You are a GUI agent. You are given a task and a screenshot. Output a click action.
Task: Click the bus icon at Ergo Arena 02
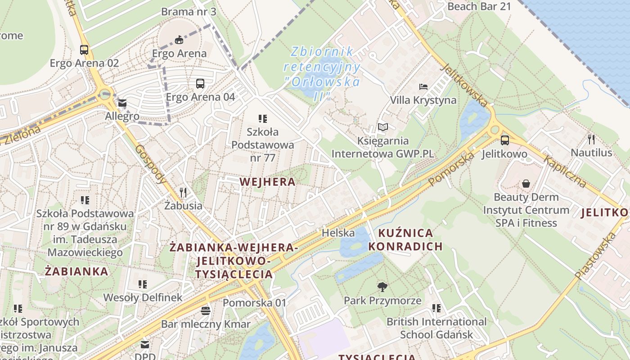(x=84, y=50)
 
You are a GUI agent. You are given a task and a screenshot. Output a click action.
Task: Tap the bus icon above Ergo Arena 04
(x=200, y=83)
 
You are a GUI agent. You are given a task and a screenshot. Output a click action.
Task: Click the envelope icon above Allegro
(x=122, y=103)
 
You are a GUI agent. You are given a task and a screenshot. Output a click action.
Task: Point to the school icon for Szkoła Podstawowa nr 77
(x=263, y=119)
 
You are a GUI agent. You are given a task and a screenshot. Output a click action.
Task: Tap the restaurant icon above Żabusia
(x=183, y=193)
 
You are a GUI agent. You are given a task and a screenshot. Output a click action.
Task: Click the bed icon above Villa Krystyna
(x=423, y=86)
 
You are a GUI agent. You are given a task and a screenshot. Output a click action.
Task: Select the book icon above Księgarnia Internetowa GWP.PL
(x=383, y=128)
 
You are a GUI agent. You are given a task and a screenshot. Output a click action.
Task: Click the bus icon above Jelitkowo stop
(x=504, y=140)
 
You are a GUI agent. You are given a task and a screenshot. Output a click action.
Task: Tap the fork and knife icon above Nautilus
(x=591, y=139)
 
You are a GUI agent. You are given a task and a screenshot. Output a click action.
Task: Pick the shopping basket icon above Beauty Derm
(x=526, y=184)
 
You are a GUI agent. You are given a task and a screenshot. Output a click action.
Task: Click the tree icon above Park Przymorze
(x=382, y=287)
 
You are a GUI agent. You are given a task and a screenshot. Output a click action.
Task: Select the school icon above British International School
(x=436, y=308)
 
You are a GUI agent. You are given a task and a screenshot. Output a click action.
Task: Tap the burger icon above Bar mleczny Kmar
(x=206, y=310)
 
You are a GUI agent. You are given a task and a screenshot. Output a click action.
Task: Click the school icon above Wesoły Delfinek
(x=143, y=284)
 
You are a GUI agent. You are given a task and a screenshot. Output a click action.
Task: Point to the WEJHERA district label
(x=267, y=182)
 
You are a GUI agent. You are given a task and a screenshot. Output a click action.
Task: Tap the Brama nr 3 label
(x=189, y=11)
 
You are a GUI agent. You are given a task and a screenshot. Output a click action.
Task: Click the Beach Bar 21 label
(x=479, y=6)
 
